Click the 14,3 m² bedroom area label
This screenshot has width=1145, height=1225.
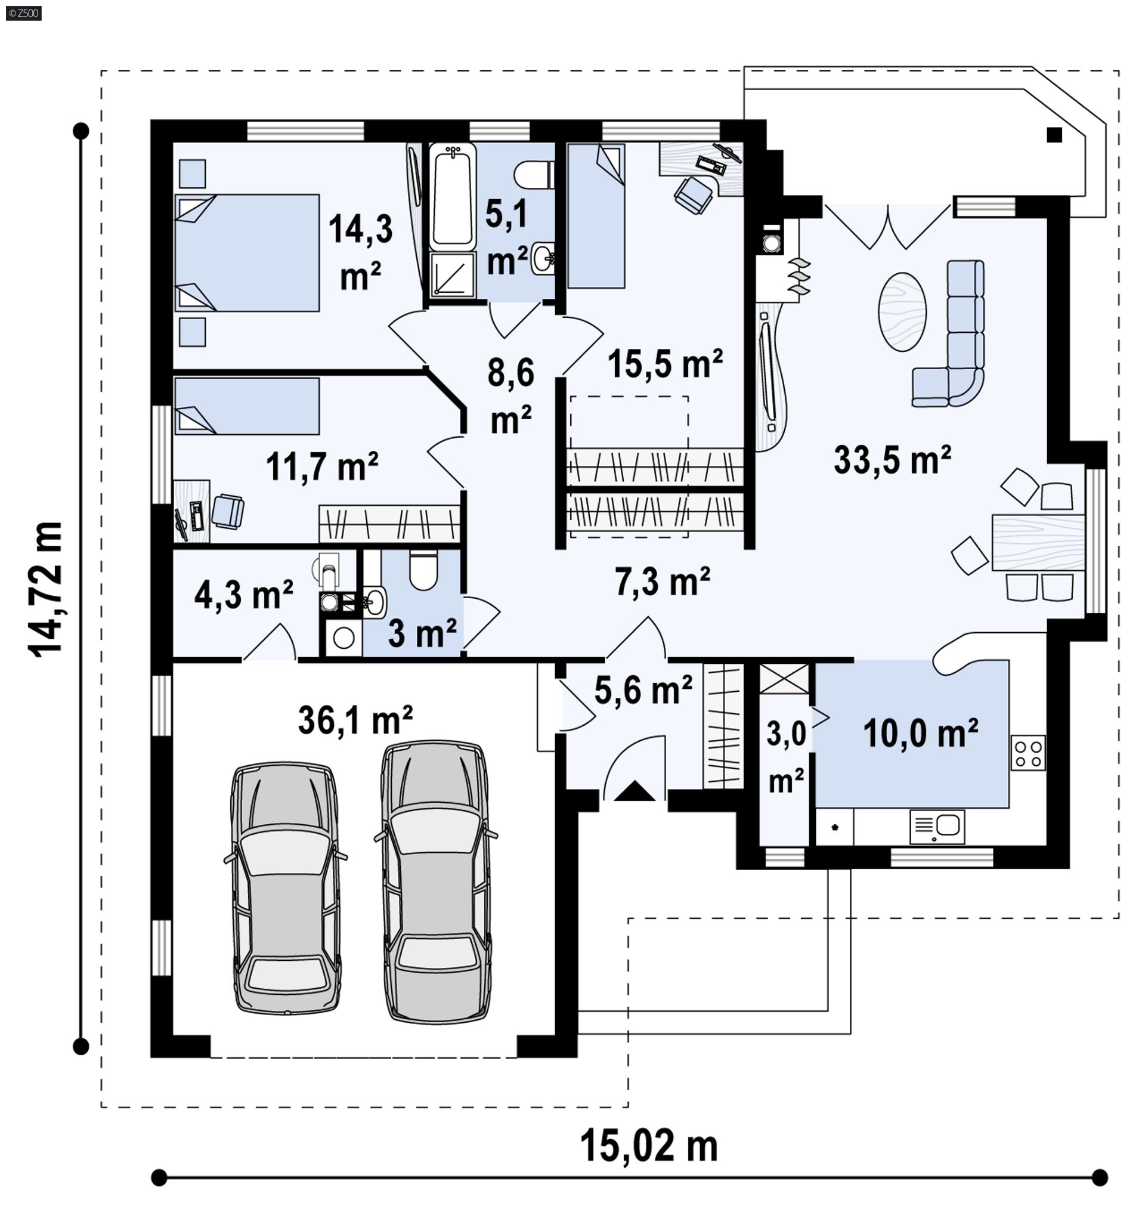[361, 252]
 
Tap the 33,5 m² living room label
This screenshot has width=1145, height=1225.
[892, 460]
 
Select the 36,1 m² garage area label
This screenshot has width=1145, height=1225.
[355, 719]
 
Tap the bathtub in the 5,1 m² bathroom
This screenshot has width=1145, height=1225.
[452, 196]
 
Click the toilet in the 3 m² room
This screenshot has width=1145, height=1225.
[423, 570]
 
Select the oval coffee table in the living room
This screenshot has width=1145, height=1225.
[902, 312]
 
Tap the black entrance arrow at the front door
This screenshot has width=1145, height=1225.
[634, 791]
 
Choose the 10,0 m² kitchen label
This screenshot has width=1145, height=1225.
[920, 734]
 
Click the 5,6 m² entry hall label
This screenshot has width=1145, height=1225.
[643, 689]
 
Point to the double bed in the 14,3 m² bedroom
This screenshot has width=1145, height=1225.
[247, 253]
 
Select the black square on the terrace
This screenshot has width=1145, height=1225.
[1054, 134]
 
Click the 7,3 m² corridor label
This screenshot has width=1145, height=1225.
[663, 581]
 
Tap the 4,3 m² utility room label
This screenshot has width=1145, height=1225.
[243, 595]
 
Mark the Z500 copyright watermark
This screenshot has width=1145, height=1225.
[23, 13]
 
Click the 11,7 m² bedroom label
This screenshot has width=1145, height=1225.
[321, 466]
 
